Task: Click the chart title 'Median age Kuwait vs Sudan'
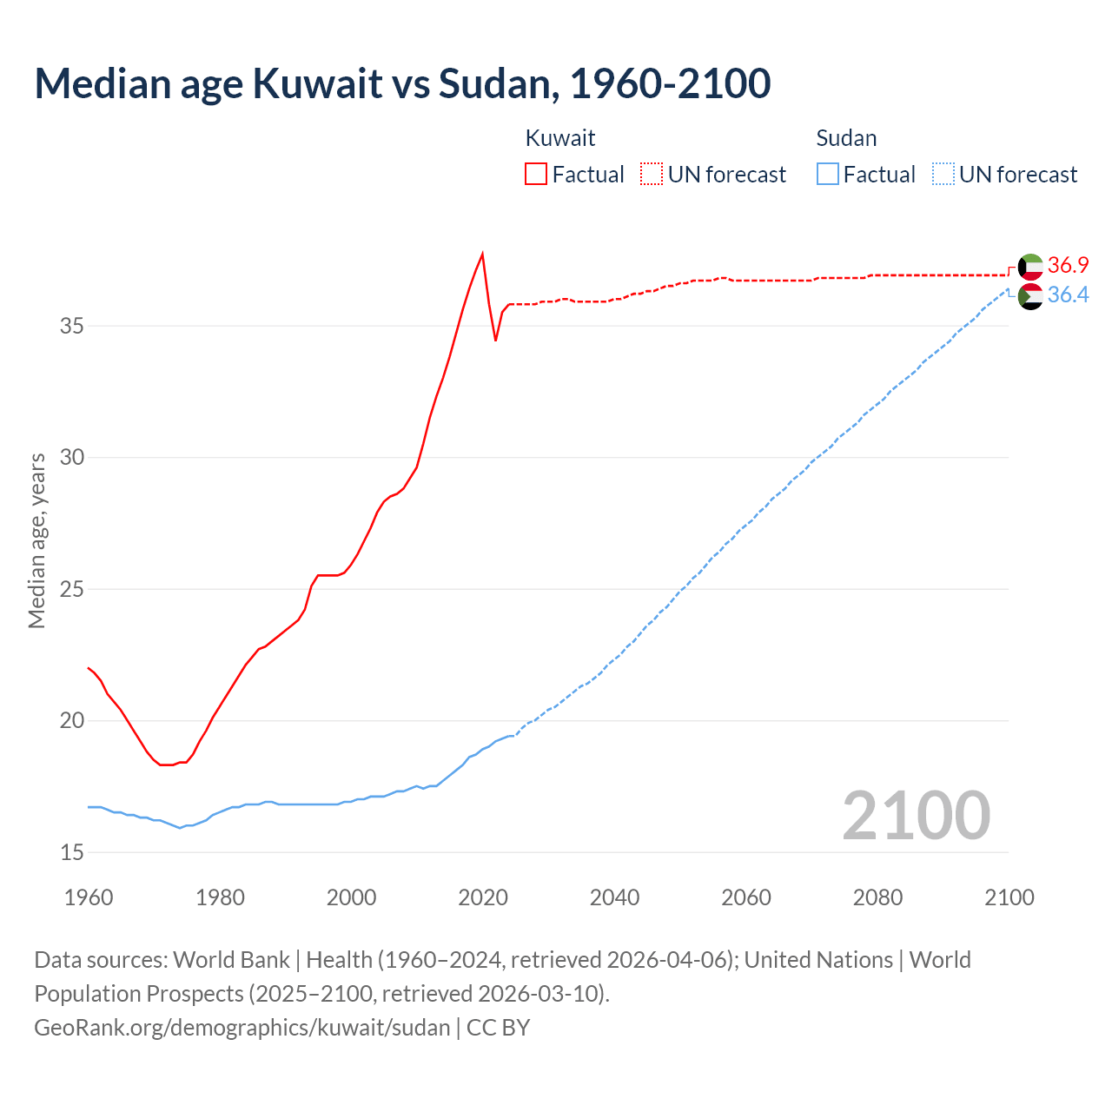[402, 83]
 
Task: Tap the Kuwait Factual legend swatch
[536, 174]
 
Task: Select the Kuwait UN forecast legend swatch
[652, 174]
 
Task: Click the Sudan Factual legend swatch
[828, 174]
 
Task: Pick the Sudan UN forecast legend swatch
[943, 174]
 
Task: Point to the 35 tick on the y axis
[72, 327]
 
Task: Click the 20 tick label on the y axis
[72, 721]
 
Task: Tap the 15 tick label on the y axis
[72, 852]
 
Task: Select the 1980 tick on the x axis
[220, 897]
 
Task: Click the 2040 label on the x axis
[614, 897]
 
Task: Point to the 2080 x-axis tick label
[877, 897]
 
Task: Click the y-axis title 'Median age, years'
[36, 540]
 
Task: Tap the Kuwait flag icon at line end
[1030, 267]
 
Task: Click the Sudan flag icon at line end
[1030, 296]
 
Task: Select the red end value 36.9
[1068, 265]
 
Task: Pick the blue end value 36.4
[1068, 295]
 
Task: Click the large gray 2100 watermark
[917, 815]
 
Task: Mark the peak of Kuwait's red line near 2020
[482, 254]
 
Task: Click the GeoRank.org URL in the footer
[242, 1027]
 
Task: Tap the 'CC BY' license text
[499, 1027]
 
